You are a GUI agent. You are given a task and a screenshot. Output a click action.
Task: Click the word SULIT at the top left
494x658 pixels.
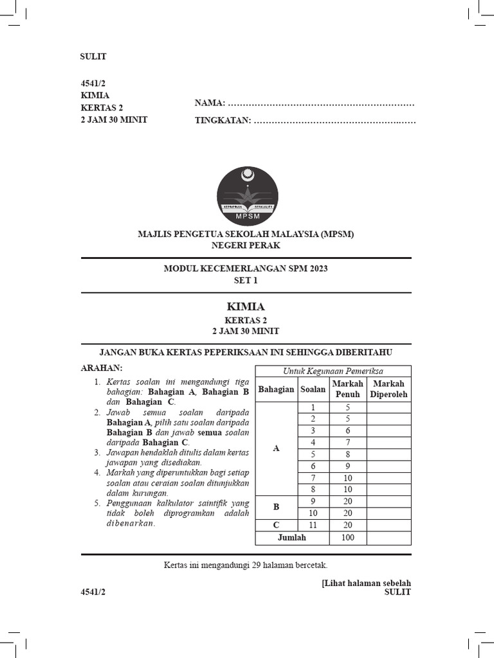[93, 57]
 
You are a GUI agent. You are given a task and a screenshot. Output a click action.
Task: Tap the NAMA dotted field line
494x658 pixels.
[320, 103]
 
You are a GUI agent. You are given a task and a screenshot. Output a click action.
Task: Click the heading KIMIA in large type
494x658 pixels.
[246, 307]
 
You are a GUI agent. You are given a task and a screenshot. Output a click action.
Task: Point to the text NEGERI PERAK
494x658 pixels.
[246, 245]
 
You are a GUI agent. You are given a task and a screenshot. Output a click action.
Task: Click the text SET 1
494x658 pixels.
[246, 280]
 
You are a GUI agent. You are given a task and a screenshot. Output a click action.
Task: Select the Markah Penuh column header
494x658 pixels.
[347, 389]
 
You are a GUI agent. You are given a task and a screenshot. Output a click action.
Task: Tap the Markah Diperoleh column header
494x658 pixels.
[389, 389]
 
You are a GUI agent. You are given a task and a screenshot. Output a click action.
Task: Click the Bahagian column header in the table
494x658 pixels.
[276, 389]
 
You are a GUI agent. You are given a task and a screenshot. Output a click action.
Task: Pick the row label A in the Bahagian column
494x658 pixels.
[276, 449]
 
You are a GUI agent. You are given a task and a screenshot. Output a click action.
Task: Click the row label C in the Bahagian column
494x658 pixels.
[276, 525]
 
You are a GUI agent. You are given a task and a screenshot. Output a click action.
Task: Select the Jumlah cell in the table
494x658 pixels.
[292, 538]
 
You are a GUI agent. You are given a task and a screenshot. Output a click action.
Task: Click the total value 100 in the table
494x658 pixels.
[347, 538]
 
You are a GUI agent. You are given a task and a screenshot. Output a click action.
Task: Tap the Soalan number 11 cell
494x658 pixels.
[313, 525]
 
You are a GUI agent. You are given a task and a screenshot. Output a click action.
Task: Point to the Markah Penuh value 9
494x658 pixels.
[347, 466]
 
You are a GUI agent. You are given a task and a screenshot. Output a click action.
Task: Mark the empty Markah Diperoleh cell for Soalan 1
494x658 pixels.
[389, 407]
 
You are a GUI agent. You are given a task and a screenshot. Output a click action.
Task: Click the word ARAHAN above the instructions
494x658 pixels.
[101, 368]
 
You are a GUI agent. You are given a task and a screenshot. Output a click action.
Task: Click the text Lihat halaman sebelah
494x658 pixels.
[366, 583]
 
